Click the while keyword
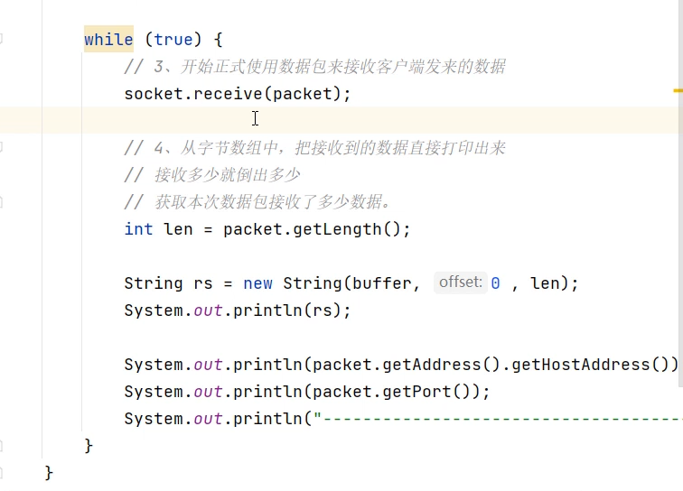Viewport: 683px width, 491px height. [x=108, y=40]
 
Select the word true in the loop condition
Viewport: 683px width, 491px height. [x=173, y=40]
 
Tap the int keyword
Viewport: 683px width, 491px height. [x=138, y=229]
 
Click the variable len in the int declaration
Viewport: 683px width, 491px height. [x=178, y=229]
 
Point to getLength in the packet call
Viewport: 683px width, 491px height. [x=337, y=229]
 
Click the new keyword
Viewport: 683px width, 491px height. [x=257, y=283]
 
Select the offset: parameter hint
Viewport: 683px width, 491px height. [x=460, y=283]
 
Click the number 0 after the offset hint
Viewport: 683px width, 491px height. [x=496, y=283]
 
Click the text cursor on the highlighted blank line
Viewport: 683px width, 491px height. [x=256, y=118]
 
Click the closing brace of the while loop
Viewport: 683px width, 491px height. [x=89, y=446]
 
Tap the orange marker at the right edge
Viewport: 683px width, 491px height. [x=678, y=91]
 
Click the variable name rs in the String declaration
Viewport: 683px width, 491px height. [x=203, y=283]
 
